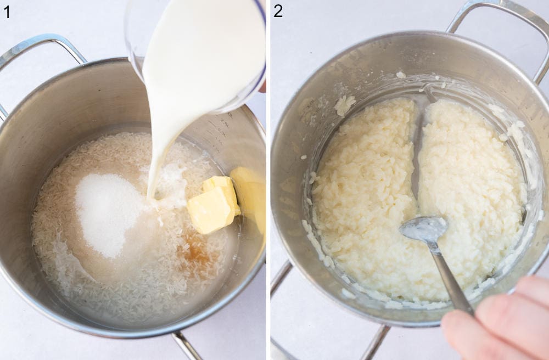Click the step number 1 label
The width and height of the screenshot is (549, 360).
point(7,11)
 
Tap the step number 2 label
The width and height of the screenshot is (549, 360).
point(278,11)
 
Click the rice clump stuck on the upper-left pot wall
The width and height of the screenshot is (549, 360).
point(344,104)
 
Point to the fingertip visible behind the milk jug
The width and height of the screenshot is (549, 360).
point(262,87)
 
